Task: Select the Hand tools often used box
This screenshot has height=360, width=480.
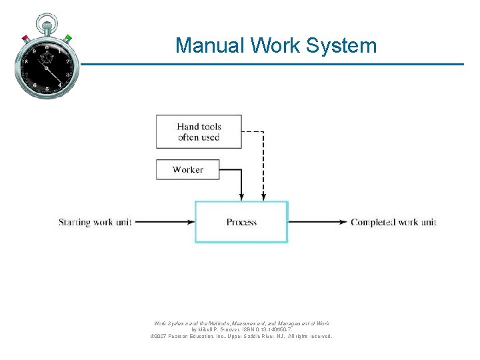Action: tap(199, 132)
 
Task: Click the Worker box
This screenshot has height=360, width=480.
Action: tap(188, 169)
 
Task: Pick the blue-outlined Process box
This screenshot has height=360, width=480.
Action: tap(241, 222)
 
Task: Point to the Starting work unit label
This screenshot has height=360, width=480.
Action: tap(95, 222)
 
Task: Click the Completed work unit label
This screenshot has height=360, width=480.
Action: tap(393, 222)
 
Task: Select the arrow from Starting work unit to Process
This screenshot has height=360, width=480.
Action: tap(163, 222)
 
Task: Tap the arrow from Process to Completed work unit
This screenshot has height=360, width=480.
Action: tap(317, 222)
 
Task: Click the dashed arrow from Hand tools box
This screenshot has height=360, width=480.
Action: tap(263, 167)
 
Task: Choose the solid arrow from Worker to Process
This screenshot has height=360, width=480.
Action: tap(241, 183)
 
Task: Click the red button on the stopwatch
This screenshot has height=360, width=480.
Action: tap(25, 38)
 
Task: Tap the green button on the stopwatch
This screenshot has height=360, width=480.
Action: tap(68, 38)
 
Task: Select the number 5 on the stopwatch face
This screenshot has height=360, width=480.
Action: tap(47, 89)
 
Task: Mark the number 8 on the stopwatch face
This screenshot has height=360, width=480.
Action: tap(26, 61)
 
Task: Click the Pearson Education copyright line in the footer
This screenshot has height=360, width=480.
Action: tap(241, 337)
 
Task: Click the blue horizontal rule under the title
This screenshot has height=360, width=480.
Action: tap(267, 65)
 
